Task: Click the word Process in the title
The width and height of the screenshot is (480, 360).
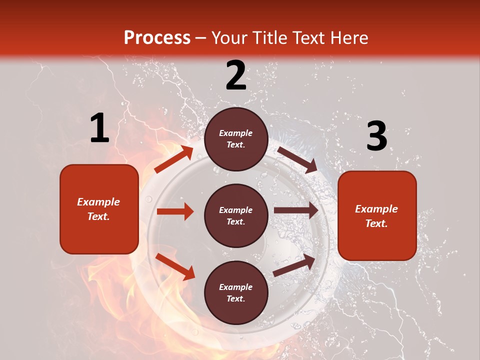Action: (x=157, y=38)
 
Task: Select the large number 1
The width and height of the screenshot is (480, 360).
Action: (x=99, y=128)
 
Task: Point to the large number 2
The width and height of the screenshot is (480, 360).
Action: (x=236, y=75)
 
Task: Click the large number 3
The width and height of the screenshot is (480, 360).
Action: (x=376, y=136)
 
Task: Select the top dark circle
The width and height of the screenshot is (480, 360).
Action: (x=236, y=139)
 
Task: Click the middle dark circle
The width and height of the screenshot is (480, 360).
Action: (x=236, y=216)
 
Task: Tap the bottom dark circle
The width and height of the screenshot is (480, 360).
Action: (x=236, y=293)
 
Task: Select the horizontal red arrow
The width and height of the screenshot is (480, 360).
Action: (x=175, y=211)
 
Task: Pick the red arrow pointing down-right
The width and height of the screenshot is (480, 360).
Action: (x=175, y=266)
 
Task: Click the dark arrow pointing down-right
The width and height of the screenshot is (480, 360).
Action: (x=297, y=159)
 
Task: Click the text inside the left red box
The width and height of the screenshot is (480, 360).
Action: (x=99, y=209)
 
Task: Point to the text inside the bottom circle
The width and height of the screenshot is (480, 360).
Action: (x=236, y=293)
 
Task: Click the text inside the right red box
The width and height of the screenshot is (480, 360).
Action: (x=377, y=216)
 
